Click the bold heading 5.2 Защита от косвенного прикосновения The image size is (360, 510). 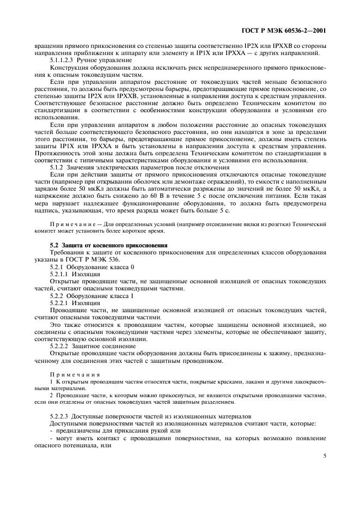[x=108, y=246]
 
